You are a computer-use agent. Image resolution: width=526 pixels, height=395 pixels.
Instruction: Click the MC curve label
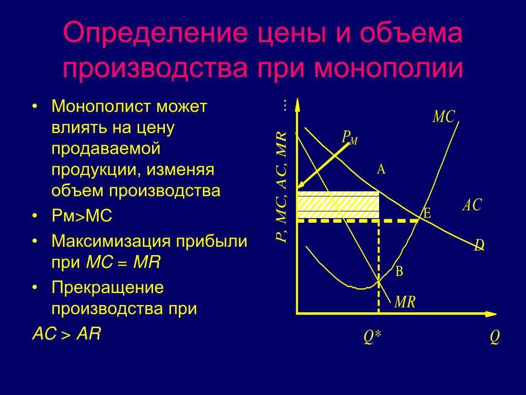point(443,117)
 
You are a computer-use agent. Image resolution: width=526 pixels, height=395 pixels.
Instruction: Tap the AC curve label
point(472,205)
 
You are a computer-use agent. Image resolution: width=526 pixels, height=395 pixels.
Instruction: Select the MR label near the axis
point(405,301)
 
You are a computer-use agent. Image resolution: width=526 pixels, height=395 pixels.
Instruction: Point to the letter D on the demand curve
point(479,245)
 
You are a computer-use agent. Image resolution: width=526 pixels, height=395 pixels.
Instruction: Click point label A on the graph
point(381,169)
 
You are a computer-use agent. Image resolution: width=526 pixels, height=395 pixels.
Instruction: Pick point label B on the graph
point(399,271)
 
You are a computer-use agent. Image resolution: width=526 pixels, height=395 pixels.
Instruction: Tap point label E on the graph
point(427,213)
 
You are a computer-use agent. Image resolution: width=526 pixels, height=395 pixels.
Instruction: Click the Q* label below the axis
point(372,336)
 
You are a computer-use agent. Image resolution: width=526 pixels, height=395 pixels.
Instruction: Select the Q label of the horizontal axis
point(495,336)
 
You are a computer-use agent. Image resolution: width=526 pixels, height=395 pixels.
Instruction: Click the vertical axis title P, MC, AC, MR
point(281,187)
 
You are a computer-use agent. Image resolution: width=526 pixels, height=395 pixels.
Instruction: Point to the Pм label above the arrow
point(349,137)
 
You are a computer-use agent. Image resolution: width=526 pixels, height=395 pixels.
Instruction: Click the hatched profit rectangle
point(338,205)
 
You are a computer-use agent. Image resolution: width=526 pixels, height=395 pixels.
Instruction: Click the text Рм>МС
point(82,216)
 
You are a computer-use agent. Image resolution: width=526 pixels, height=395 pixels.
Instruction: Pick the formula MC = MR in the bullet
point(123,262)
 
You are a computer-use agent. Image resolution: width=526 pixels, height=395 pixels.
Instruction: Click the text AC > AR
point(66,334)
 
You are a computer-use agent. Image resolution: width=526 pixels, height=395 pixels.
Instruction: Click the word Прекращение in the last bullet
point(107,288)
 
